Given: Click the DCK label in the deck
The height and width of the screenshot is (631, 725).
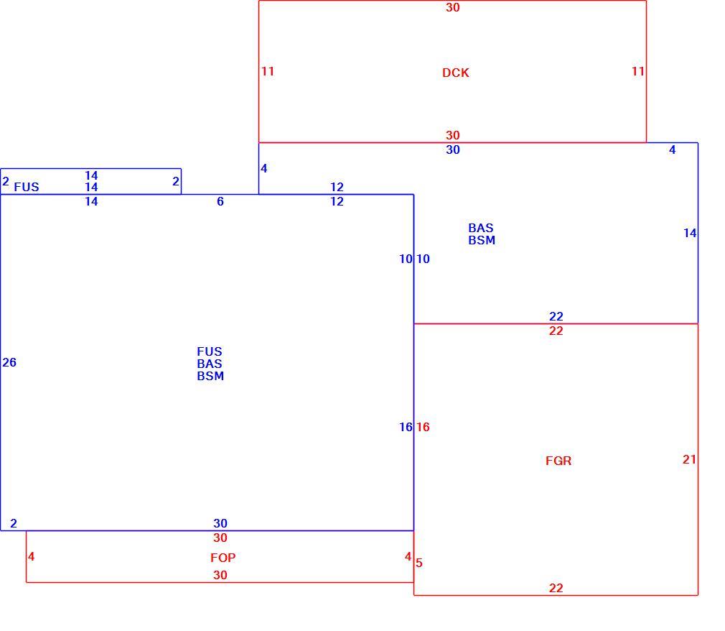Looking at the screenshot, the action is (455, 73).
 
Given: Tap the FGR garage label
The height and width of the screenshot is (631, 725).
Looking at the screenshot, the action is (558, 461).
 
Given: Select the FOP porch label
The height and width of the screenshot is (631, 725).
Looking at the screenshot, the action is (223, 558).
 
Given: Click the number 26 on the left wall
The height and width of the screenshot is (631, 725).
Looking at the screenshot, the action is (9, 362).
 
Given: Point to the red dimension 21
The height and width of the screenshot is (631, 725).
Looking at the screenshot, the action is (689, 459).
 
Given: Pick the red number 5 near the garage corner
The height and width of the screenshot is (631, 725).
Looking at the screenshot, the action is (419, 563).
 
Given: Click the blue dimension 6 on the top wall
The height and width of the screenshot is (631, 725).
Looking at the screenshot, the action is (220, 201).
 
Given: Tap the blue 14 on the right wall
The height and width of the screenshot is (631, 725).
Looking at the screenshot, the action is (689, 233).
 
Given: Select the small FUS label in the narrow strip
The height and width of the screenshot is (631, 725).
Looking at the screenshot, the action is (27, 187).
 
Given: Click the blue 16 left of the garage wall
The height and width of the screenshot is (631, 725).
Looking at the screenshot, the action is (406, 427).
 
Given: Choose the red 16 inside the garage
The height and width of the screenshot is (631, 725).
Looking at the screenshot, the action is (423, 427).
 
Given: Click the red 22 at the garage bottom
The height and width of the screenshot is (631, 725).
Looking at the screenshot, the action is (556, 588).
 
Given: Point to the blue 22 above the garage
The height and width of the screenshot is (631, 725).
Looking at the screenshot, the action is (556, 316).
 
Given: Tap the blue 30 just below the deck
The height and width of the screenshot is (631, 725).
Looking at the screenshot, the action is (453, 149).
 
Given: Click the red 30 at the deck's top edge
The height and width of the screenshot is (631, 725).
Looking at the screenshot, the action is (453, 7).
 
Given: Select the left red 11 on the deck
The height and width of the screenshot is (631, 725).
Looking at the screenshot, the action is (268, 71).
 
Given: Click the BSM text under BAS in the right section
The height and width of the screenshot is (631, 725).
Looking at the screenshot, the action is (482, 240).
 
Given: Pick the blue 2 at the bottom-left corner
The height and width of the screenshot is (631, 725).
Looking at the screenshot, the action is (14, 523).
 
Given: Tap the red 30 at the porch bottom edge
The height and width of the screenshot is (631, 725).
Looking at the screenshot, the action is (220, 575).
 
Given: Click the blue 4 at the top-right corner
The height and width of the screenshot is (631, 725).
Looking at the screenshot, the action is (673, 149).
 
